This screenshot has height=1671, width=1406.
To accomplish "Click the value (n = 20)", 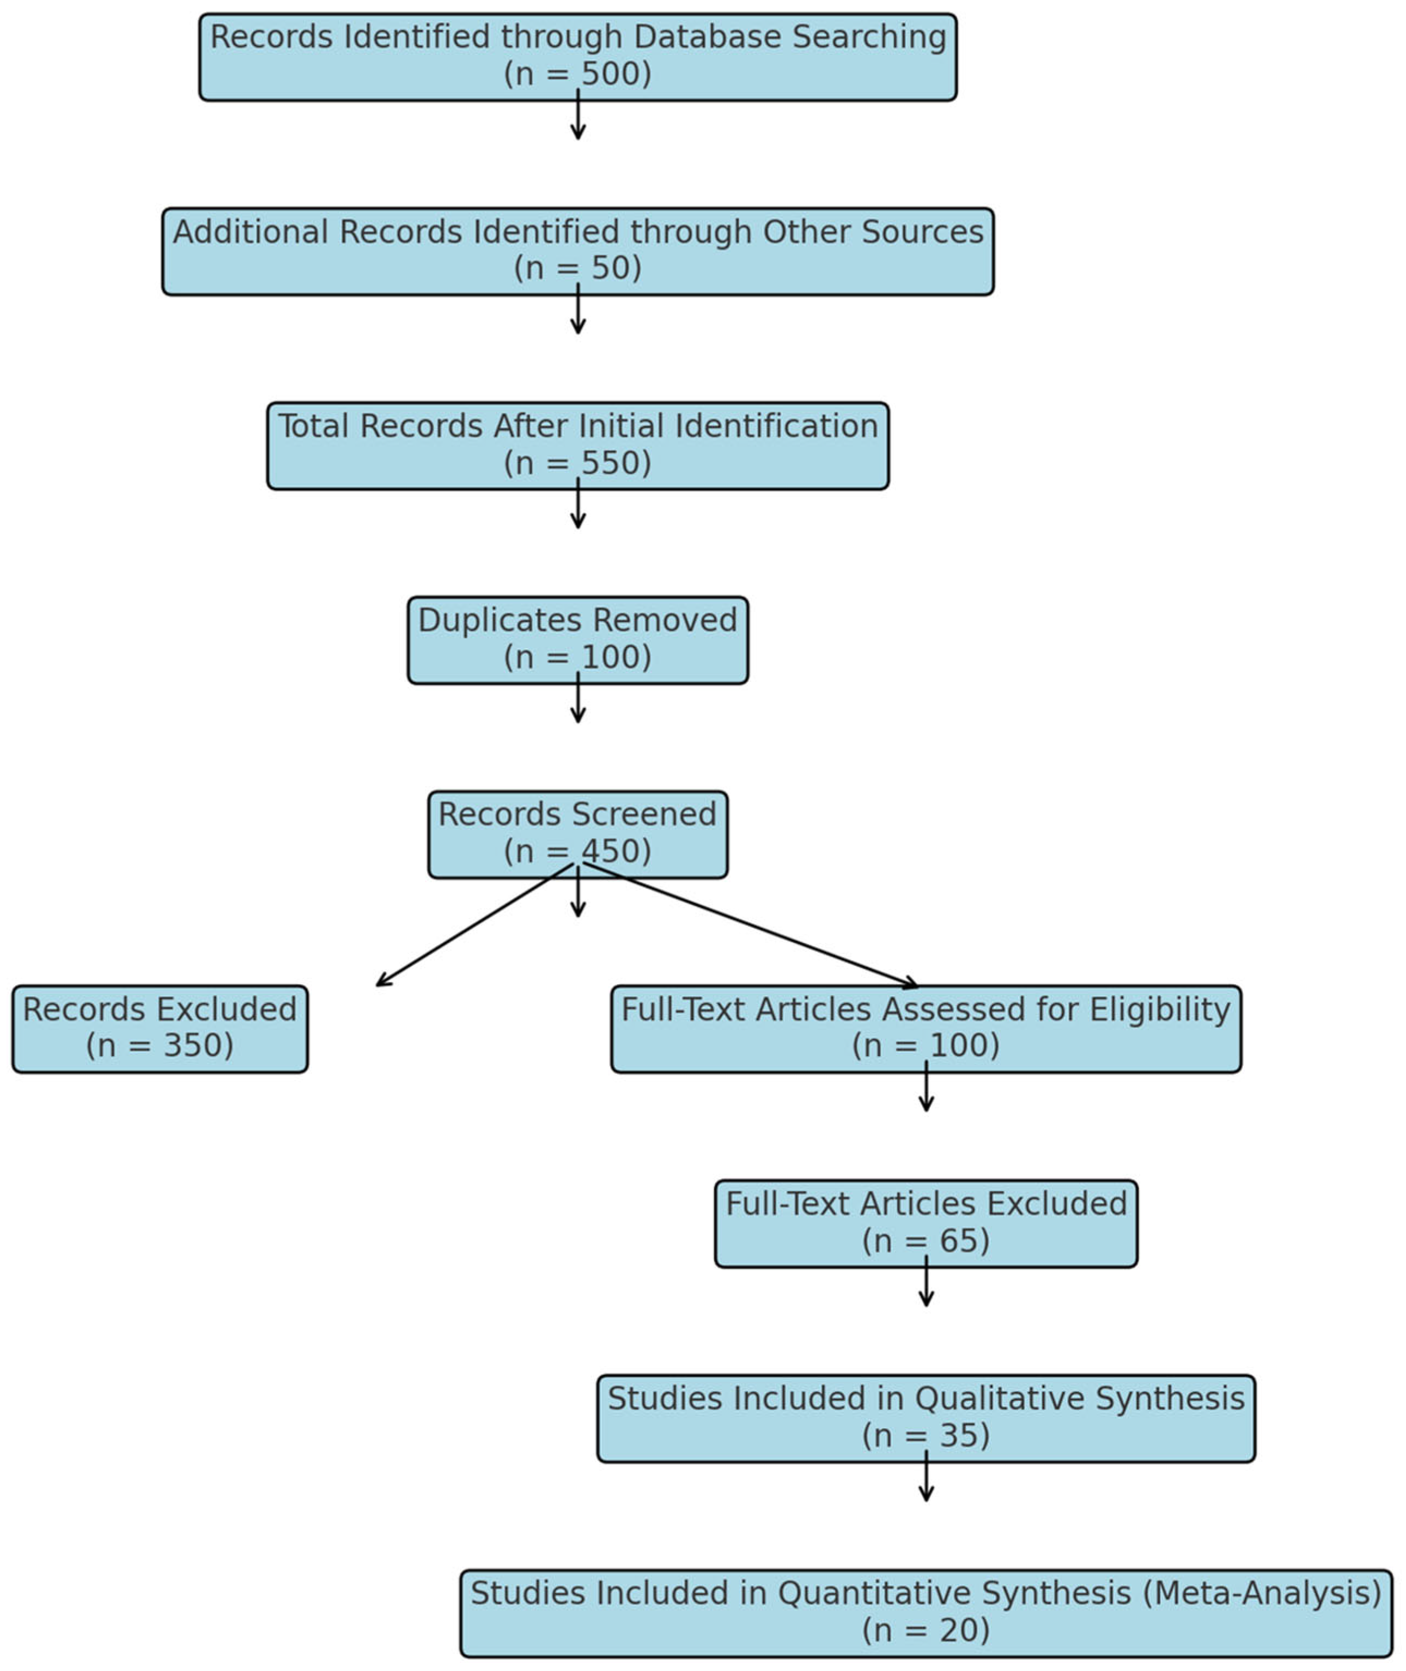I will (926, 1630).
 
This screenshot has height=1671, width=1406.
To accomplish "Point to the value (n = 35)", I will (926, 1435).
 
